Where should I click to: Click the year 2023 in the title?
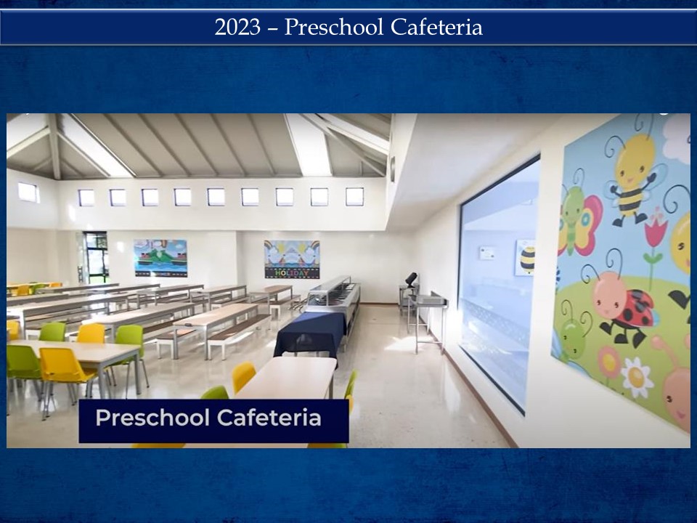[237, 27]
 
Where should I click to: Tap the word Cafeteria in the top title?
[436, 27]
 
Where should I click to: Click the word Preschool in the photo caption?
[152, 418]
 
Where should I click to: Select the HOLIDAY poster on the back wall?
[292, 259]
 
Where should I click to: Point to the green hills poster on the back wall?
[160, 258]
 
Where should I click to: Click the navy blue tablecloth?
[310, 334]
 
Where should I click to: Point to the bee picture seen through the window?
[526, 257]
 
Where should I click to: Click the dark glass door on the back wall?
[96, 258]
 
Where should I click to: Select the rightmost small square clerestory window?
[355, 197]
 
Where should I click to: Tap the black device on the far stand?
[411, 280]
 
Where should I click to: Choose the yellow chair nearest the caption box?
[243, 377]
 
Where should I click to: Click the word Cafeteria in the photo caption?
[269, 418]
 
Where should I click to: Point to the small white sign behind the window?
[487, 253]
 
